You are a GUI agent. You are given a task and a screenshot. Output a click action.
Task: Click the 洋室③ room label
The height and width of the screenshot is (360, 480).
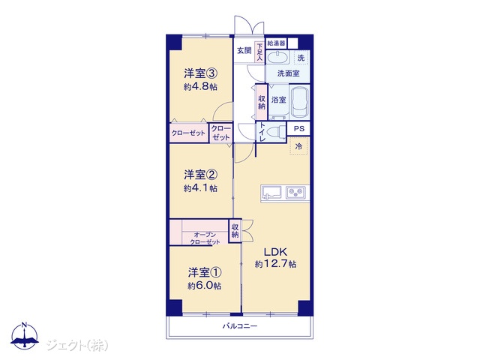pyautogui.click(x=201, y=73)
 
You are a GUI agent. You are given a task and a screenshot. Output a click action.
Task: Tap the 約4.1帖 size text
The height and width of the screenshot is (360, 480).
pyautogui.click(x=200, y=188)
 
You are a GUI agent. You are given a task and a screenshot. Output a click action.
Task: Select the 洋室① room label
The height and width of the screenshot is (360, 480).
pyautogui.click(x=205, y=272)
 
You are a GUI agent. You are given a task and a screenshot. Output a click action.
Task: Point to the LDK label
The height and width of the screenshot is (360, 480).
pyautogui.click(x=275, y=252)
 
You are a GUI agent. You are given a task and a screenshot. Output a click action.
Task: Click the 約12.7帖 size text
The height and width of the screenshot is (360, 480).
pyautogui.click(x=275, y=264)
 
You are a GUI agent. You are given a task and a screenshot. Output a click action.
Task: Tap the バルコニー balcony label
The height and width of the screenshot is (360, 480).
pyautogui.click(x=240, y=326)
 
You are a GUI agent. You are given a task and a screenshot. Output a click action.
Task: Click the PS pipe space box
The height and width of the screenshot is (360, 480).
pyautogui.click(x=298, y=128)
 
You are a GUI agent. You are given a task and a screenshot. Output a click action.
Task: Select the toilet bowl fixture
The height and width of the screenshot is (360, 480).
pyautogui.click(x=276, y=133)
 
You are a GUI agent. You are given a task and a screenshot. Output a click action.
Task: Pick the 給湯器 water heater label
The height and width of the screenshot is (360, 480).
pyautogui.click(x=277, y=43)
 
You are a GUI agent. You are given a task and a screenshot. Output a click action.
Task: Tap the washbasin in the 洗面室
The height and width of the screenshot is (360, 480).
pyautogui.click(x=278, y=58)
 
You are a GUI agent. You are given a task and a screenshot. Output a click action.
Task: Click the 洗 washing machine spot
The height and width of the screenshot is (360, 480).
pyautogui.click(x=301, y=58)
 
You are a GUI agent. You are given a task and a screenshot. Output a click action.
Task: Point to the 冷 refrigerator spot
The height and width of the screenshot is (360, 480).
pyautogui.click(x=298, y=146)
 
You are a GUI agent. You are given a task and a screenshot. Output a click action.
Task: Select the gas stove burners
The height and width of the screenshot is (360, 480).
pyautogui.click(x=295, y=193)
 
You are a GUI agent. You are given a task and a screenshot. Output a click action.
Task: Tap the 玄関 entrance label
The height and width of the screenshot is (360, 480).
pyautogui.click(x=244, y=50)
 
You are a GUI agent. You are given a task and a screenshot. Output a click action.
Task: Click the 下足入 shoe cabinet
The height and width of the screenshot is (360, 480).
pyautogui.click(x=259, y=52)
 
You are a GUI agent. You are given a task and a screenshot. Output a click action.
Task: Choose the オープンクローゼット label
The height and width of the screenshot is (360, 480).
pyautogui.click(x=205, y=238)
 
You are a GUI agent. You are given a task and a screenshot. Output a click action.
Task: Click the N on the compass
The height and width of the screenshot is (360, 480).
pyautogui.click(x=25, y=325)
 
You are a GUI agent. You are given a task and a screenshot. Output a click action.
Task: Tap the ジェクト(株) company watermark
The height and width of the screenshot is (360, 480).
pyautogui.click(x=77, y=346)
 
